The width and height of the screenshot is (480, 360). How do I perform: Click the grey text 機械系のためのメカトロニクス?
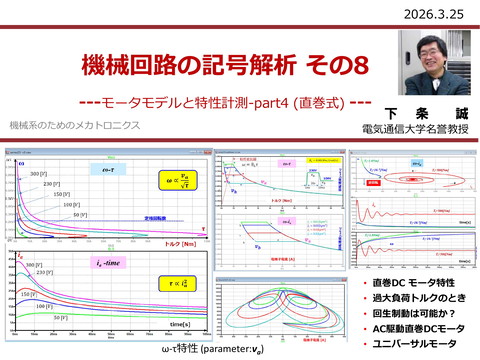74,127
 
